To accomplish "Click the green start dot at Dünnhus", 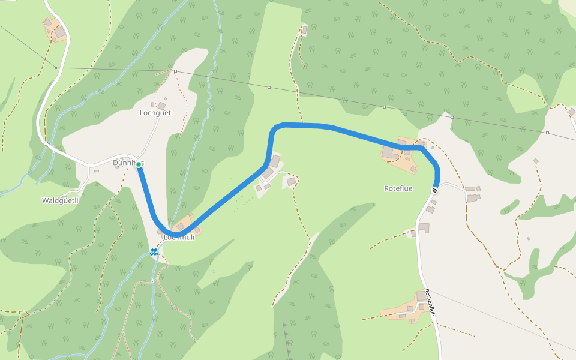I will tap(138, 164).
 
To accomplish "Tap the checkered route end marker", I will tap(434, 190).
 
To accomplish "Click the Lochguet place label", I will tap(155, 113).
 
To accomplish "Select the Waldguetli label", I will tap(61, 200).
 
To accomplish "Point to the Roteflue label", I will tap(398, 188).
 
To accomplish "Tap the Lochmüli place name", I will tap(179, 238).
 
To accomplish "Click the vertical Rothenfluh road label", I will tap(429, 299).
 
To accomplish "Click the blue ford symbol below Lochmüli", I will tap(154, 252).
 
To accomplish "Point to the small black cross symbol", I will tap(269, 311).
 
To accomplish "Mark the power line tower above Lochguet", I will tap(175, 71).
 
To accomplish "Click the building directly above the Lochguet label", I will tap(161, 106).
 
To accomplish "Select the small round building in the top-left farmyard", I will tap(47, 22).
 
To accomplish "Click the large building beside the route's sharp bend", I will tap(275, 161).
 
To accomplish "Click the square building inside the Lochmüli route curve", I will tap(180, 226).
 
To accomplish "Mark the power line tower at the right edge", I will tap(547, 133).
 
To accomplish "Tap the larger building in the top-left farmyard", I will tap(60, 32).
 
